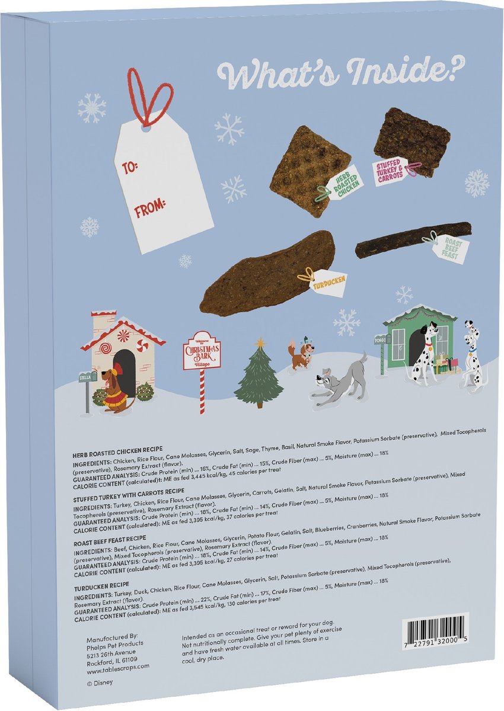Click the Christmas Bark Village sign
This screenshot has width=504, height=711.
[202, 351]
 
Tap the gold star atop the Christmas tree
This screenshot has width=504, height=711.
[259, 342]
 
